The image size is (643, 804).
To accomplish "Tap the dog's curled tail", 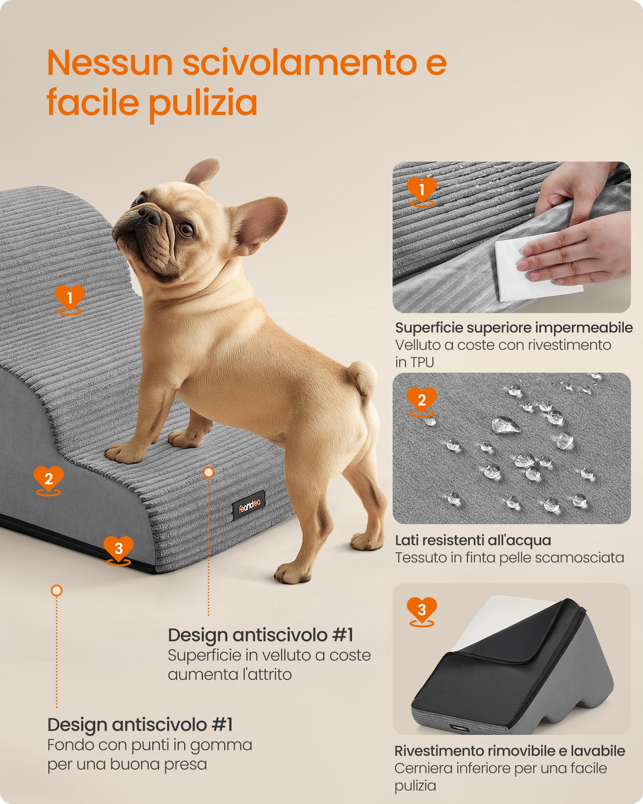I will (x=363, y=377).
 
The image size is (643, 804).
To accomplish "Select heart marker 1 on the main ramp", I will (x=70, y=298).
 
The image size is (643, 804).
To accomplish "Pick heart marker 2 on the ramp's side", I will (x=49, y=479).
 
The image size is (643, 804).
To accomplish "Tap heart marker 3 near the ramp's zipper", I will (x=119, y=548).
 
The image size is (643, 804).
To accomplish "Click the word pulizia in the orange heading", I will (x=203, y=103).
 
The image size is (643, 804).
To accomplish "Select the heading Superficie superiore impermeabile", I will (x=514, y=328).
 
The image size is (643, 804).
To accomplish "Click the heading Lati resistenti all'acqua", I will (x=473, y=540).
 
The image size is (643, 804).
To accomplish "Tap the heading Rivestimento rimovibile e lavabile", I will (x=510, y=751).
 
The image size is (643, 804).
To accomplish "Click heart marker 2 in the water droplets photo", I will (x=422, y=400).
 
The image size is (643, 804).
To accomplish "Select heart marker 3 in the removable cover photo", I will (x=422, y=610).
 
